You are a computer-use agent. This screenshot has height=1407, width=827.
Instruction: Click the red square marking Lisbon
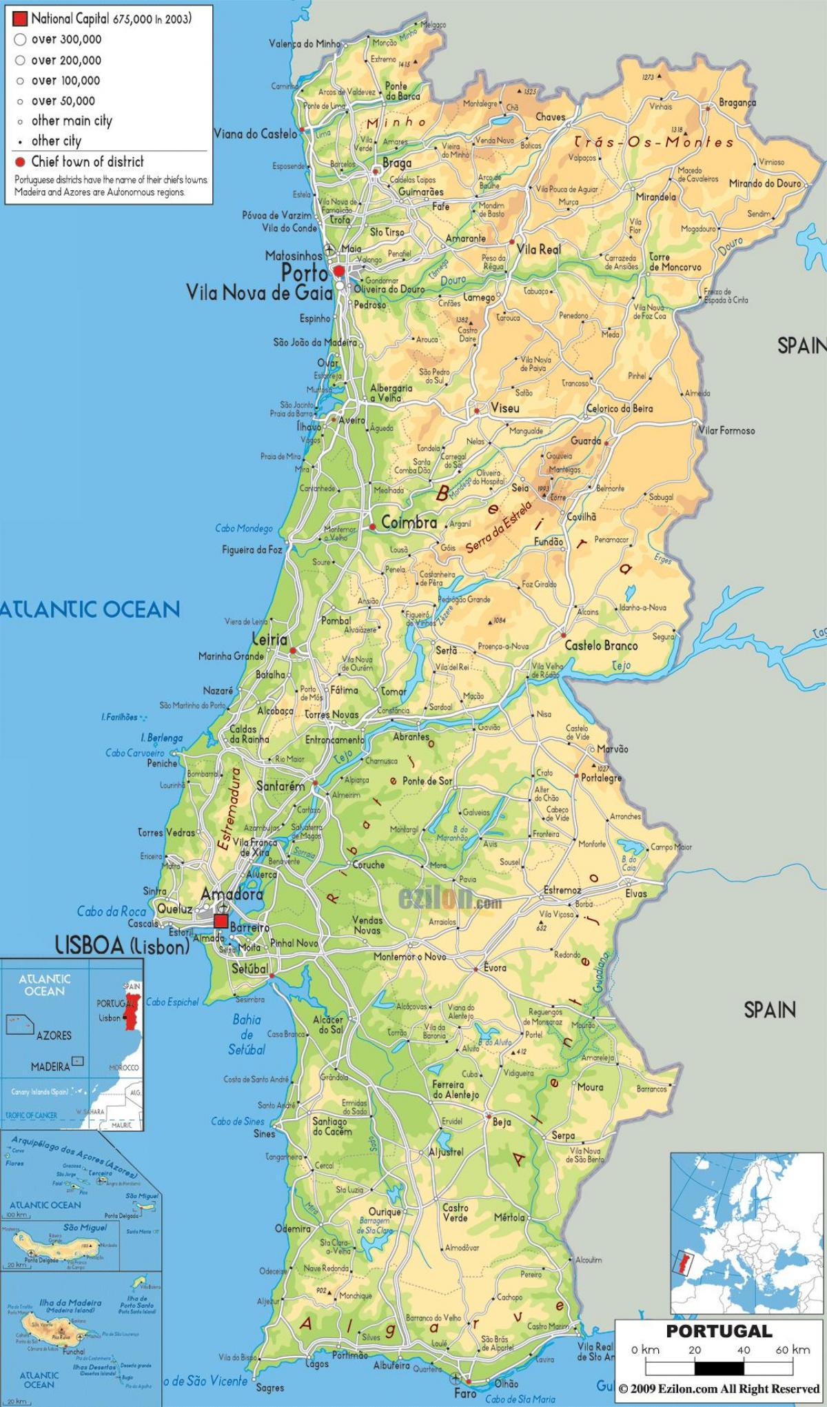(221, 922)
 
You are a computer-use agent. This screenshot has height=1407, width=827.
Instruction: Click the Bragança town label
(737, 102)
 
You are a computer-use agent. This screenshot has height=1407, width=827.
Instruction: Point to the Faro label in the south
(465, 1393)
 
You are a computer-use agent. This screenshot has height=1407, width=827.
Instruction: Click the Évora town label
(495, 967)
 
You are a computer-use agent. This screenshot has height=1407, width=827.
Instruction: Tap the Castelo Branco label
(601, 646)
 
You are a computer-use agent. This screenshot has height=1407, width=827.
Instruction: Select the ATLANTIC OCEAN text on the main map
(90, 609)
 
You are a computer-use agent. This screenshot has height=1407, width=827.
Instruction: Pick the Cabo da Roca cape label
(112, 911)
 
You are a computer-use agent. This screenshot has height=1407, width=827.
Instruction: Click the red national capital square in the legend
(20, 19)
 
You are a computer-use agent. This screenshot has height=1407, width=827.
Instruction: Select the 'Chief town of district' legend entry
(88, 162)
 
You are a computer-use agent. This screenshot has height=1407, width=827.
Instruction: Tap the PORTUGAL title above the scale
(718, 1331)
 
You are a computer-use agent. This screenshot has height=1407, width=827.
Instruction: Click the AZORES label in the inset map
(53, 1035)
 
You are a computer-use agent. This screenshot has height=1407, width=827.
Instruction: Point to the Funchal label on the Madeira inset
(74, 1352)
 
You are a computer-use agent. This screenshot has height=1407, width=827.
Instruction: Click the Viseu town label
(504, 408)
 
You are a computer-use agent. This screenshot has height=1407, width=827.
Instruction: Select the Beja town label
(502, 1122)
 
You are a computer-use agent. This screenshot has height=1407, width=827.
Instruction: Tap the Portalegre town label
(601, 778)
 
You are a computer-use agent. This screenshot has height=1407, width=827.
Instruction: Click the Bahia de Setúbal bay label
(247, 1034)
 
